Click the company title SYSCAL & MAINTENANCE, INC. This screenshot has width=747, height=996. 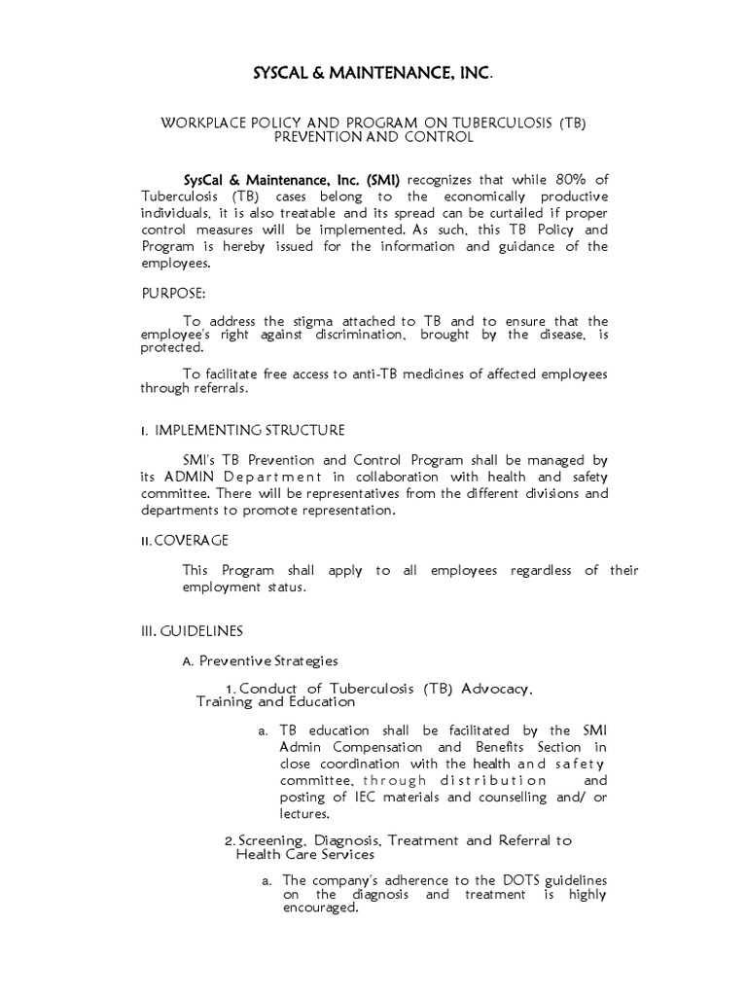(x=373, y=73)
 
